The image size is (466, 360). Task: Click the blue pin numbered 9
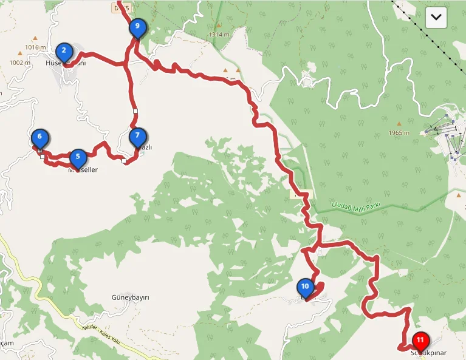coord(137,27)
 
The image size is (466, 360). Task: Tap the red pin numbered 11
coord(420,341)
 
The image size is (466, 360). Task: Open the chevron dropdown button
coord(436,18)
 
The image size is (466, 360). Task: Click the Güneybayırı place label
coord(131,297)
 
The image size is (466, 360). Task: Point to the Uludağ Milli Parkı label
coord(356,205)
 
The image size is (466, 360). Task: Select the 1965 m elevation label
coord(399,132)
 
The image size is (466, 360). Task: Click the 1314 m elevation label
coord(219,35)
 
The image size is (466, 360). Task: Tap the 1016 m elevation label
coord(36,47)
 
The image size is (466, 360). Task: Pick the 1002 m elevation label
coord(20,62)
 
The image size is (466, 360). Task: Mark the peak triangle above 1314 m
coord(219,25)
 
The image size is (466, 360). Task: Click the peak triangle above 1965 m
coord(399,124)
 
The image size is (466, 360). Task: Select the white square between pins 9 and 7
coord(135,111)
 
